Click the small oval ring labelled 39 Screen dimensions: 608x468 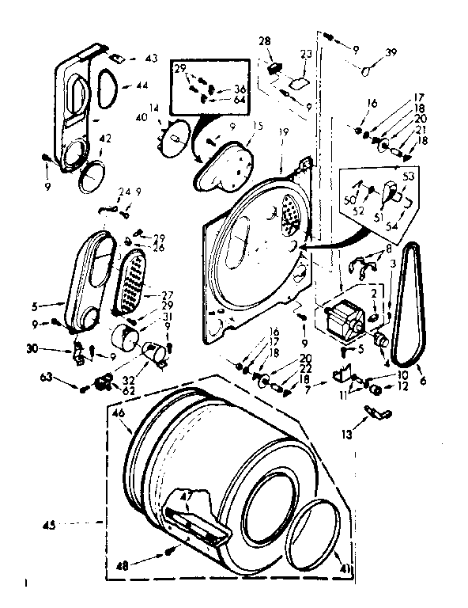point(367,71)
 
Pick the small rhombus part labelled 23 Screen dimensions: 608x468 point(300,82)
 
